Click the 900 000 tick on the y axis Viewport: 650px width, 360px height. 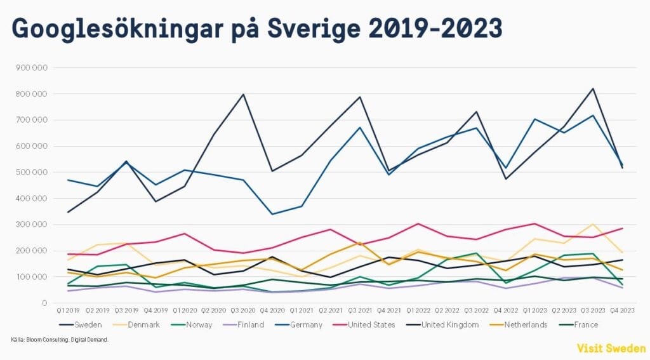pyautogui.click(x=36, y=68)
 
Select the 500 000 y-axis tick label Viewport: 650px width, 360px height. pyautogui.click(x=36, y=173)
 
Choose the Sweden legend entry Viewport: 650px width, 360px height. pyautogui.click(x=88, y=325)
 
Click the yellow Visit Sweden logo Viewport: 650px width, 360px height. pyautogui.click(x=611, y=349)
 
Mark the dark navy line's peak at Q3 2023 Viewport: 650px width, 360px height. pyautogui.click(x=593, y=88)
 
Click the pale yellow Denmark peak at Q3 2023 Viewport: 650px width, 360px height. pyautogui.click(x=593, y=224)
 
